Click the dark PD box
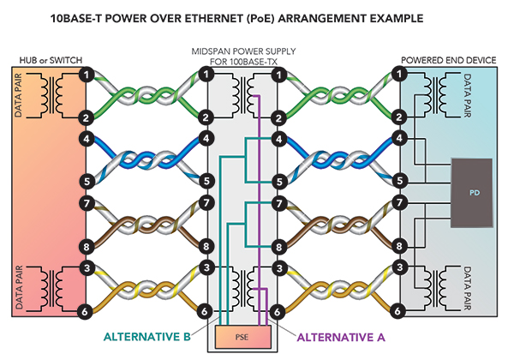click(x=474, y=192)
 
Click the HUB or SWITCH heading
click(x=50, y=60)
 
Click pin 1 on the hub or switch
click(x=87, y=75)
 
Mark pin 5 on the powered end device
click(x=400, y=181)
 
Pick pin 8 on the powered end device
click(x=400, y=245)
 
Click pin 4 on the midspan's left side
click(x=206, y=138)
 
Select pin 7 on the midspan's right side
click(x=277, y=203)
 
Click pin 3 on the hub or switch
click(x=87, y=268)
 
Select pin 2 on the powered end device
click(x=400, y=117)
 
